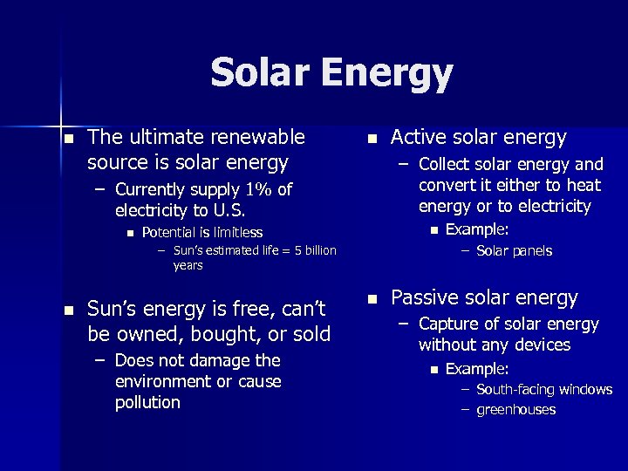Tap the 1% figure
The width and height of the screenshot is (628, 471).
point(257,190)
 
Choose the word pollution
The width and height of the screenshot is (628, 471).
point(147,402)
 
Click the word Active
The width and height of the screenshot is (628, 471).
point(418,137)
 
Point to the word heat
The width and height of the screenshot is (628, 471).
point(584,185)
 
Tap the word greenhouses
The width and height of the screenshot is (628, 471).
point(515,410)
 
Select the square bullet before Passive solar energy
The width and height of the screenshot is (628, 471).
point(372,298)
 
